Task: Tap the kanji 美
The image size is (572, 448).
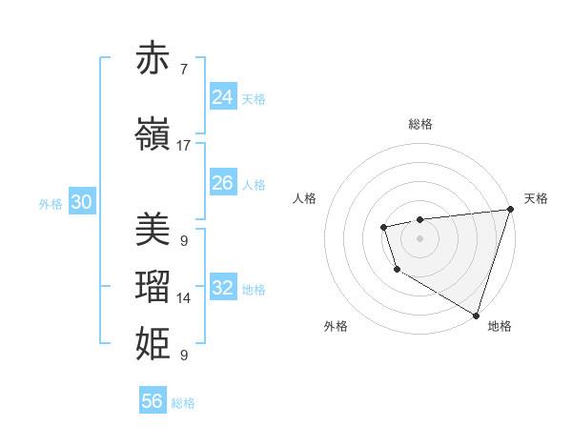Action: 153,229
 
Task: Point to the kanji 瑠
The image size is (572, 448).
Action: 153,287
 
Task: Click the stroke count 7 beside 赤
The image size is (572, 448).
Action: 183,70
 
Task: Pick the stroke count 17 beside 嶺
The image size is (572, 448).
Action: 184,146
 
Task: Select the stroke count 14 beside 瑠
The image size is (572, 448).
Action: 184,298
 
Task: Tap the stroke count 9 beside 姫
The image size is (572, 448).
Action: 183,356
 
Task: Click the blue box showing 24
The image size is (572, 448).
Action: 222,96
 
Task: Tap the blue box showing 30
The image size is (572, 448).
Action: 81,201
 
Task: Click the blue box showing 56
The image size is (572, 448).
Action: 152,401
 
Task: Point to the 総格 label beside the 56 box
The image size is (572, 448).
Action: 183,403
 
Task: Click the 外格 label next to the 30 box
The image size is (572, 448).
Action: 51,203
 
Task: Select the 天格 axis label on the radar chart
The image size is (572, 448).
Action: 536,198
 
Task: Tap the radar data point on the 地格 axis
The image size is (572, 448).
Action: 475,314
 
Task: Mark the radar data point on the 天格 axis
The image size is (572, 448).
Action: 510,209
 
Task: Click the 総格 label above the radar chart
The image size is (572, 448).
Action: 420,124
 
